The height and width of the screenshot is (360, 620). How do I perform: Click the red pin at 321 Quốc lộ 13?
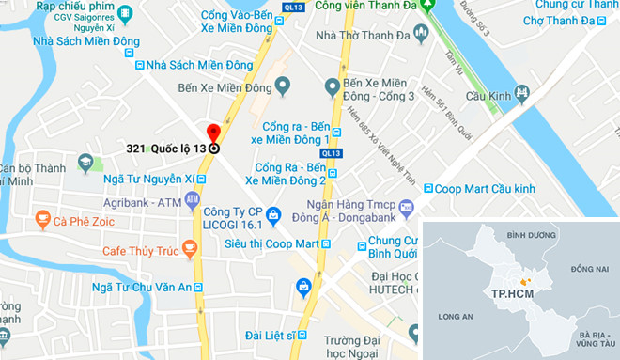[x=213, y=133]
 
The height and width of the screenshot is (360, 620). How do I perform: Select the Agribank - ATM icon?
[x=193, y=200]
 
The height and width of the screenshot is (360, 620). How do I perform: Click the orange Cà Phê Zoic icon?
[x=42, y=221]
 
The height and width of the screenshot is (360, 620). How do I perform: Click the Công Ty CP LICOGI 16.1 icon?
[x=273, y=212]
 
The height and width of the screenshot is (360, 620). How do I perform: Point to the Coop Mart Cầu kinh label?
[x=489, y=188]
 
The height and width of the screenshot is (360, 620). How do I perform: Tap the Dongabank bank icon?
[x=406, y=206]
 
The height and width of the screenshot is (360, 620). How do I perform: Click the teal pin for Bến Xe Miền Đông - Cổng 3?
[x=331, y=86]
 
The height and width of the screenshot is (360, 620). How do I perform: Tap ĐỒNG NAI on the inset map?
[x=586, y=270]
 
